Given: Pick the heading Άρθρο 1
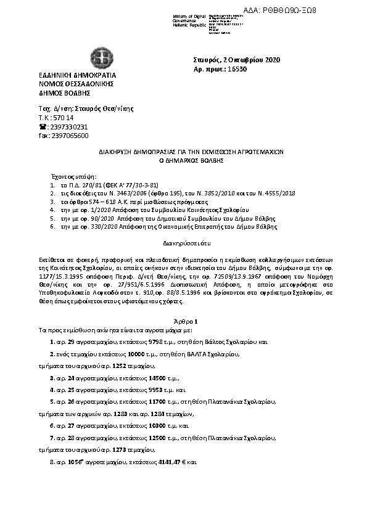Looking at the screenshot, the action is pos(186,321).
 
